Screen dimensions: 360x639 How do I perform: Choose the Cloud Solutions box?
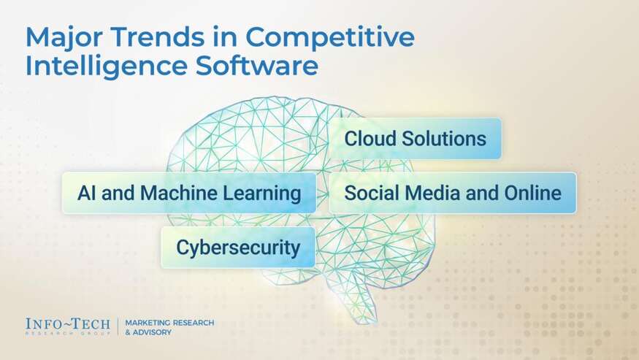(415, 139)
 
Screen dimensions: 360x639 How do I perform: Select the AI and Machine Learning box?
(189, 193)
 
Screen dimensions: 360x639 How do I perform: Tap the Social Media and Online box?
(452, 193)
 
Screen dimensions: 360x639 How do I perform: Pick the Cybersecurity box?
(238, 248)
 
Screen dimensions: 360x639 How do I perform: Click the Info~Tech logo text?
(67, 325)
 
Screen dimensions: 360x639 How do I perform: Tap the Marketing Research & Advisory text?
(169, 327)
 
